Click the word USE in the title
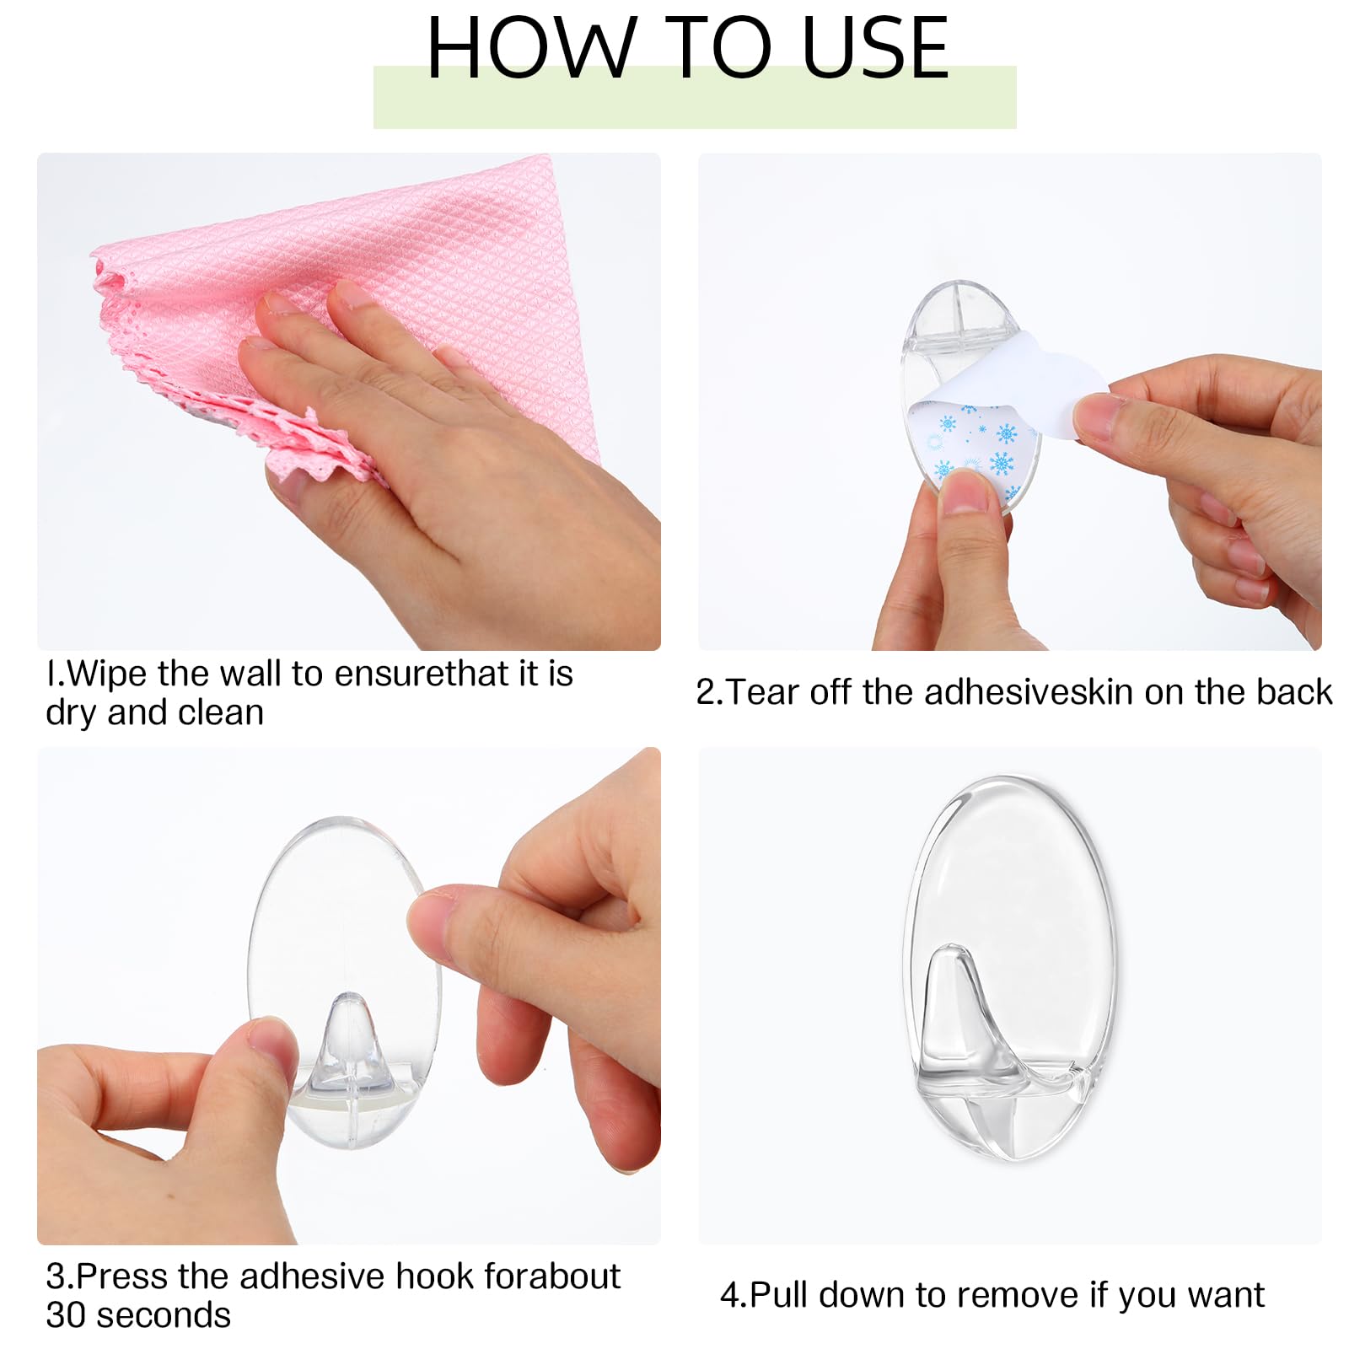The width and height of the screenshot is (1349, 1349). point(875,48)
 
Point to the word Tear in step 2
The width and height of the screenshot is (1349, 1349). point(762,692)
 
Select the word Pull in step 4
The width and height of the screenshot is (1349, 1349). point(779,1295)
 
